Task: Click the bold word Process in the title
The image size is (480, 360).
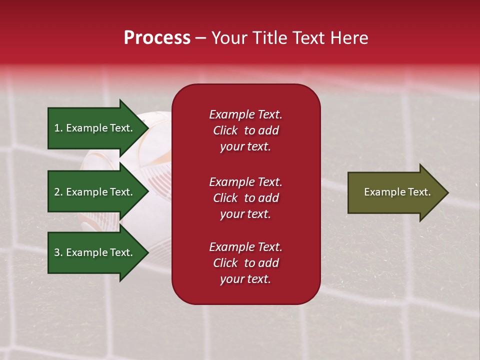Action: pyautogui.click(x=157, y=38)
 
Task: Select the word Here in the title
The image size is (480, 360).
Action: pyautogui.click(x=349, y=38)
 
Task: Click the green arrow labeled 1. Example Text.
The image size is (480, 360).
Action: pyautogui.click(x=98, y=128)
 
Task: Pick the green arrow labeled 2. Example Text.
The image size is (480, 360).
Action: pyautogui.click(x=98, y=191)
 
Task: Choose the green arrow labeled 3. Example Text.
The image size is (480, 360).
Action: pyautogui.click(x=98, y=252)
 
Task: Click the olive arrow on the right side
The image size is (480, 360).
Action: pyautogui.click(x=398, y=192)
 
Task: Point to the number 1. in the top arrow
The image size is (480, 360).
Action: pyautogui.click(x=58, y=128)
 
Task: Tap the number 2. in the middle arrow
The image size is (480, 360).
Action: pyautogui.click(x=58, y=192)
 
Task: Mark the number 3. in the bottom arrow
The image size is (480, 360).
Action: pyautogui.click(x=58, y=252)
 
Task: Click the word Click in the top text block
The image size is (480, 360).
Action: pyautogui.click(x=225, y=130)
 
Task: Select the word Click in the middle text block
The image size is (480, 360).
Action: pyautogui.click(x=225, y=198)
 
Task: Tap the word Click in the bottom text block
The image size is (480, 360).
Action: pyautogui.click(x=225, y=262)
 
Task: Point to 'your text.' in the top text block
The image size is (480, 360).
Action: pyautogui.click(x=245, y=147)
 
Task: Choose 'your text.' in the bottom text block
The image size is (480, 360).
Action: pyautogui.click(x=245, y=279)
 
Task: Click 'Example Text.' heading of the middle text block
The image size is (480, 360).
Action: pyautogui.click(x=246, y=182)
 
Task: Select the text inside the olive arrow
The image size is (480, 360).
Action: pyautogui.click(x=397, y=192)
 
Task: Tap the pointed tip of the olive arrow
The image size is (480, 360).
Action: pyautogui.click(x=448, y=192)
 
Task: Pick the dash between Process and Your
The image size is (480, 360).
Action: pyautogui.click(x=200, y=39)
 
